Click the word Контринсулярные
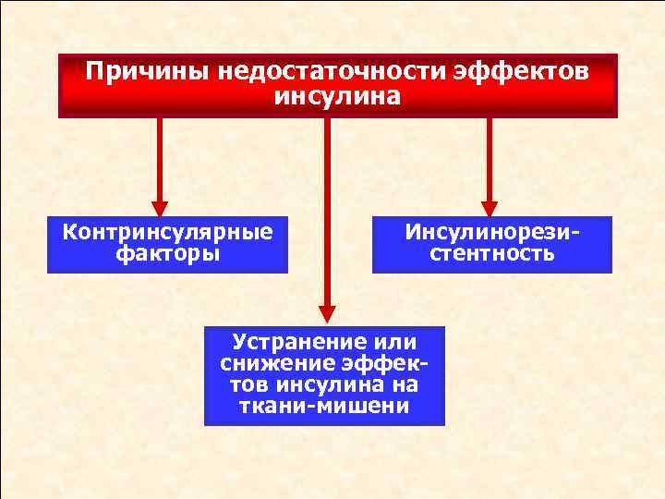coord(167,231)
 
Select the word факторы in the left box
coord(168,254)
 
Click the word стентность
coord(492,254)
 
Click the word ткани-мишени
coord(324,407)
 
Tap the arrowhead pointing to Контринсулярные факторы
coord(160,209)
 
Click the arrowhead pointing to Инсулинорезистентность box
coord(489,209)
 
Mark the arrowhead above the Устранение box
coord(325,311)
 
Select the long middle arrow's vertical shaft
coord(325,213)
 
